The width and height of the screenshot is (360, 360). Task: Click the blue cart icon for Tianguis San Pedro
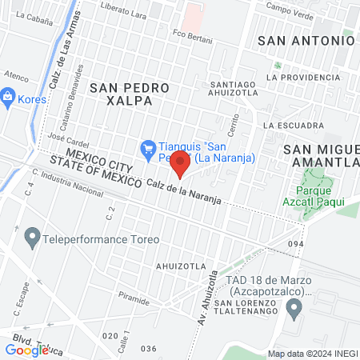click(x=147, y=147)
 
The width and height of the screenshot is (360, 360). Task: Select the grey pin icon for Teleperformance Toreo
click(x=32, y=238)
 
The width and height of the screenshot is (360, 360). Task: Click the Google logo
click(x=26, y=350)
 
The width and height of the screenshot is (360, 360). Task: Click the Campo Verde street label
click(x=289, y=9)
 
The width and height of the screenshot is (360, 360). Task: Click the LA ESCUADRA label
click(x=293, y=126)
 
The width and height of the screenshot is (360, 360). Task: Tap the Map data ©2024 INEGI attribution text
click(x=312, y=354)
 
